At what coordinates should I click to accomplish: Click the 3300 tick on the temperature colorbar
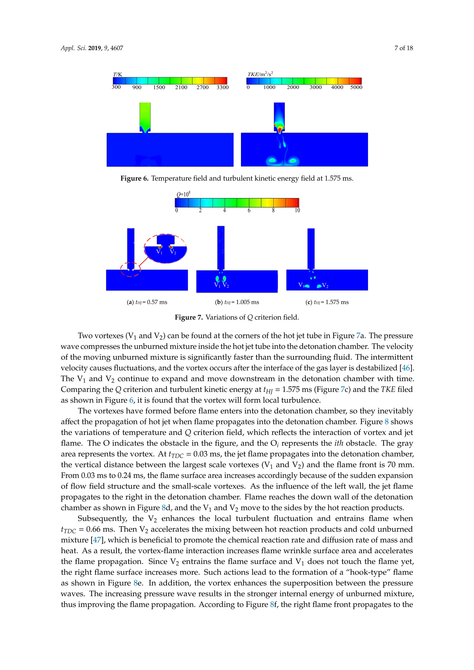click(222, 87)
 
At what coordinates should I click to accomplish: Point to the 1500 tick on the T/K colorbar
click(159, 87)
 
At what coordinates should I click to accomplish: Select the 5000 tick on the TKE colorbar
click(356, 87)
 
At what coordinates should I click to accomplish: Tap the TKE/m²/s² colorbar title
click(260, 74)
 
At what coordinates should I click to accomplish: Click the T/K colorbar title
click(118, 74)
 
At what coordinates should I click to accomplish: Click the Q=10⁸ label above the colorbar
click(184, 194)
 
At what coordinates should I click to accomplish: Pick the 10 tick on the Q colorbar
click(297, 210)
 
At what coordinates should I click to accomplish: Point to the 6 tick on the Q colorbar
click(249, 210)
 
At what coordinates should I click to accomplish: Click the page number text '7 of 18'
click(404, 48)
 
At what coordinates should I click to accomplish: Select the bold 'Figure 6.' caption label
click(134, 178)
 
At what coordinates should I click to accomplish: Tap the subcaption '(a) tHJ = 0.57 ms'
click(147, 302)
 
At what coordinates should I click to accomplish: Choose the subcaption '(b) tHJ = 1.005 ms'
click(237, 302)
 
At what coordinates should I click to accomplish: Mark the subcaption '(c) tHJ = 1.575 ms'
click(327, 302)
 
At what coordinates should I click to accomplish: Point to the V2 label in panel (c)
click(325, 285)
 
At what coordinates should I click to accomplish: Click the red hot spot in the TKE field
click(280, 129)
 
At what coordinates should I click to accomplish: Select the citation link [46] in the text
click(406, 368)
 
